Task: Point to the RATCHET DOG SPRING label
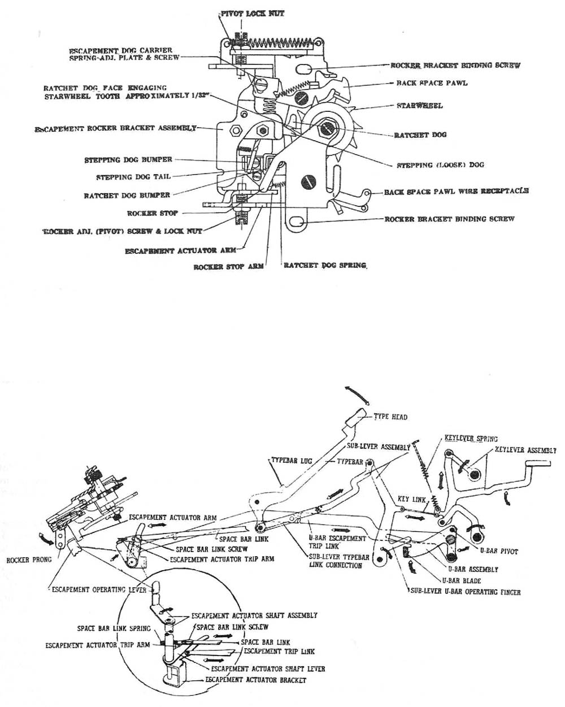pyautogui.click(x=325, y=264)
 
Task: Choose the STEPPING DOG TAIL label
pyautogui.click(x=133, y=177)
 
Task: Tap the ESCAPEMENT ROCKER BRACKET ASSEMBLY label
pyautogui.click(x=115, y=128)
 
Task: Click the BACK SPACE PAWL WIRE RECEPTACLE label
pyautogui.click(x=457, y=192)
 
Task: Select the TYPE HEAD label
pyautogui.click(x=390, y=417)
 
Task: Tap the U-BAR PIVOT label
pyautogui.click(x=499, y=550)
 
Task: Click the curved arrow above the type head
pyautogui.click(x=355, y=394)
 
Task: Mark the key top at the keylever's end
pyautogui.click(x=537, y=464)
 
